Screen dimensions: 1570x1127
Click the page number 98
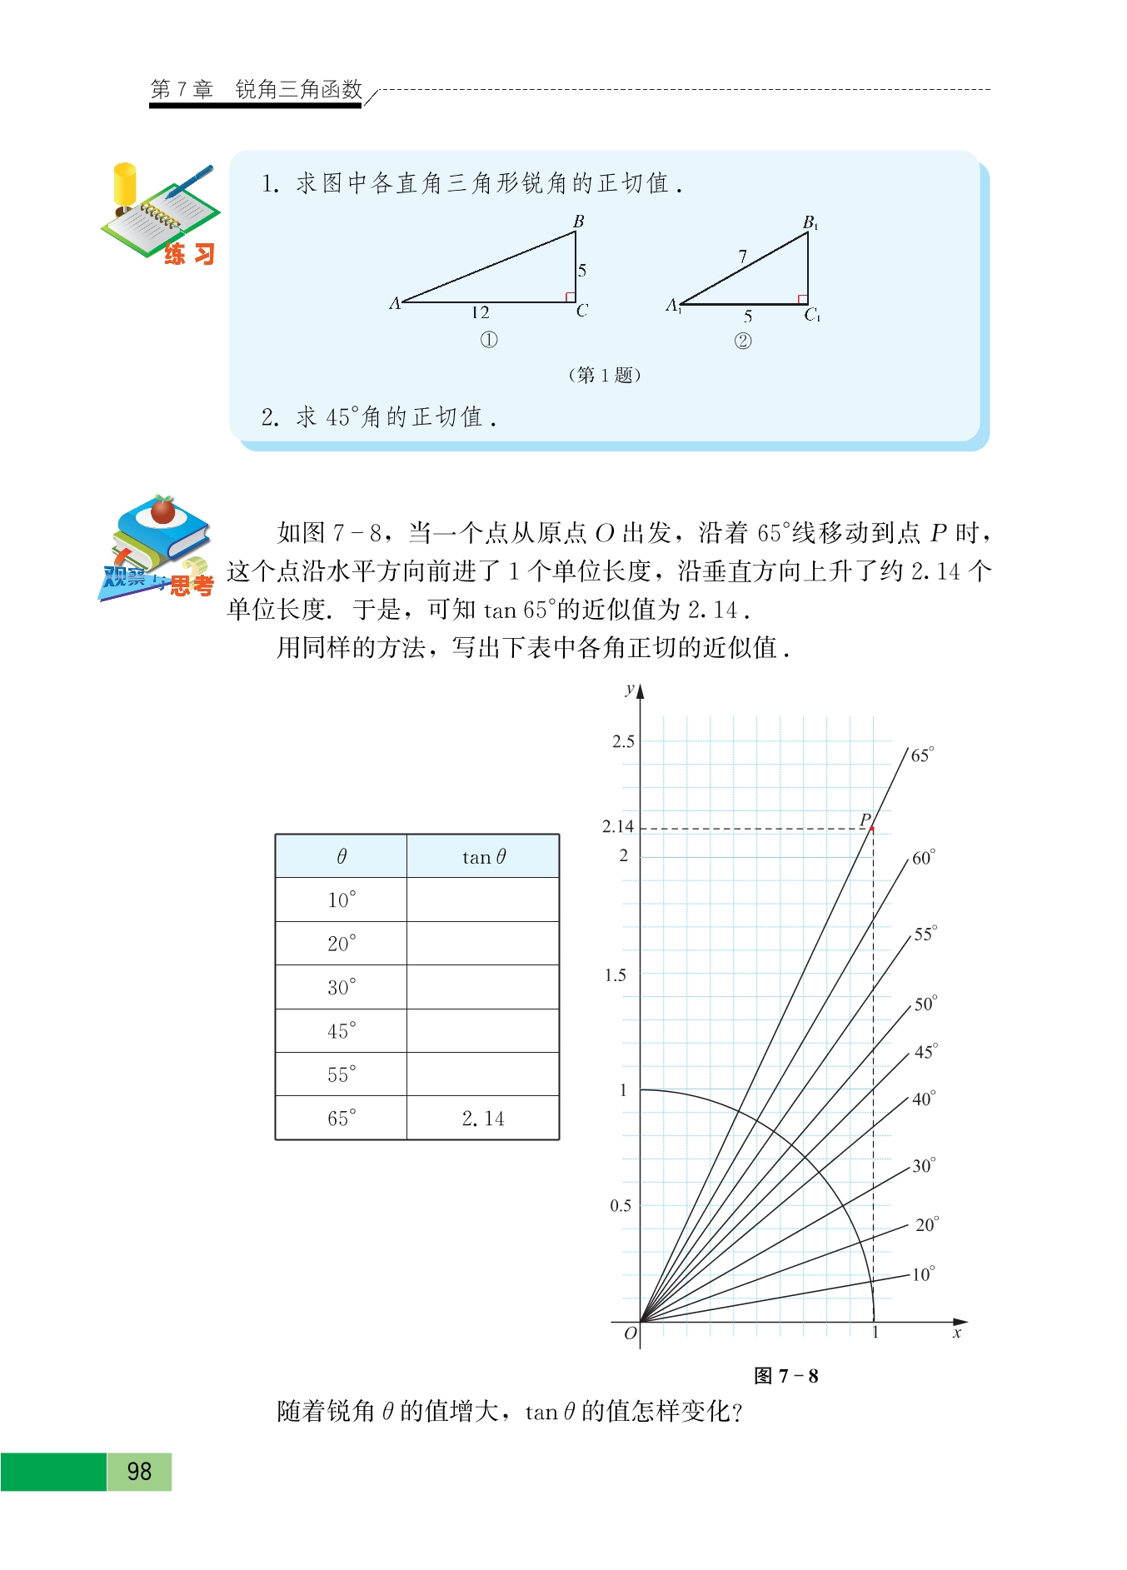139,1472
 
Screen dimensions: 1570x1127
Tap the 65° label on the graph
922,755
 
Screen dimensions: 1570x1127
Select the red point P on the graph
872,829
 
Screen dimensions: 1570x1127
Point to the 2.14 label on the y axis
618,826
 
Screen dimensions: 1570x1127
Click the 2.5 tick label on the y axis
623,741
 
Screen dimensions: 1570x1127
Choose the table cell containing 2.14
483,1119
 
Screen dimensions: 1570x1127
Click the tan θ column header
483,857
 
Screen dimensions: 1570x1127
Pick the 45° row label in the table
342,1031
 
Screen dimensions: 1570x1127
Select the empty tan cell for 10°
483,900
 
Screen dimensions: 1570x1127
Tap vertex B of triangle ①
578,222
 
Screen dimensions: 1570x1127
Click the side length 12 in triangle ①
480,312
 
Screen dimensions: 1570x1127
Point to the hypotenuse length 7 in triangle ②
742,257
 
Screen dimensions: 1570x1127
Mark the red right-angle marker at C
571,297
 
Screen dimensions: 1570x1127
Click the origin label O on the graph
631,1333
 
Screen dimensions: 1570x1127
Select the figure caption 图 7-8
785,1376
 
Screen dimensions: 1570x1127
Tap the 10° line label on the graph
923,1274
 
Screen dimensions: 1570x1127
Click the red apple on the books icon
162,510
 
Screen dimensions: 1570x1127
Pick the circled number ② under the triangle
742,341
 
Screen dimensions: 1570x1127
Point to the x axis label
957,1333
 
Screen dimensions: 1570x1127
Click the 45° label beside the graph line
925,1052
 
